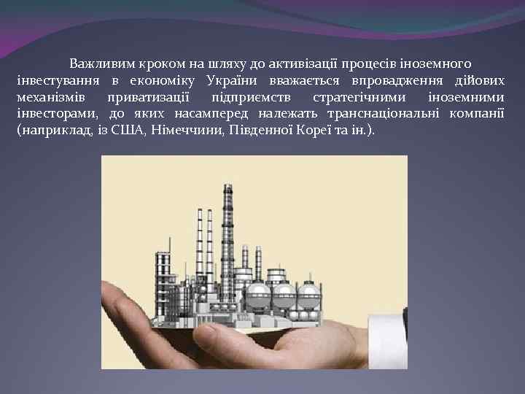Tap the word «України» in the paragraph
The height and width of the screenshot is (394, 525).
[232, 80]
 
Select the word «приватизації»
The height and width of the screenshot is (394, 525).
[148, 97]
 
